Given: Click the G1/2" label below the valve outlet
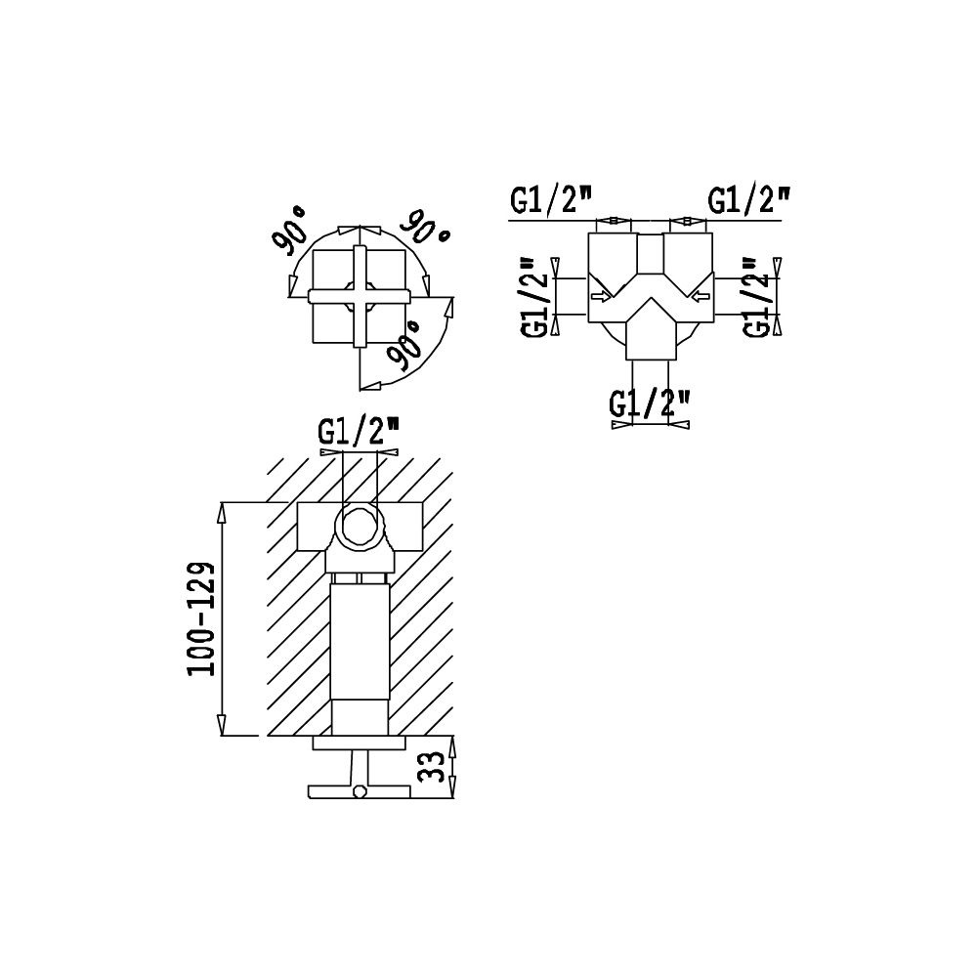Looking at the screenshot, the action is (x=650, y=404).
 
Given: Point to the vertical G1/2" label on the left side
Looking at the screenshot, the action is (x=535, y=297).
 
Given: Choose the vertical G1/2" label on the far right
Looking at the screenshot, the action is (x=758, y=297).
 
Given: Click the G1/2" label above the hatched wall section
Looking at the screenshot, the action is (x=359, y=432).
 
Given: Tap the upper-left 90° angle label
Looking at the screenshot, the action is (x=290, y=231).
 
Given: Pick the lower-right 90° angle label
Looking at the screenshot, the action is (x=404, y=346).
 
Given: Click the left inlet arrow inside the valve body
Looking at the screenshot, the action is (x=601, y=295).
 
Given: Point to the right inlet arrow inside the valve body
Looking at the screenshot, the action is (x=700, y=295).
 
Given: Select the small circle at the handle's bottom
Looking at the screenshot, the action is (x=359, y=792).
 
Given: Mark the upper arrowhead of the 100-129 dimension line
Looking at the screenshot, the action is (x=221, y=515).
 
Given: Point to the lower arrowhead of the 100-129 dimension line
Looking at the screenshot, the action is (x=221, y=724).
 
